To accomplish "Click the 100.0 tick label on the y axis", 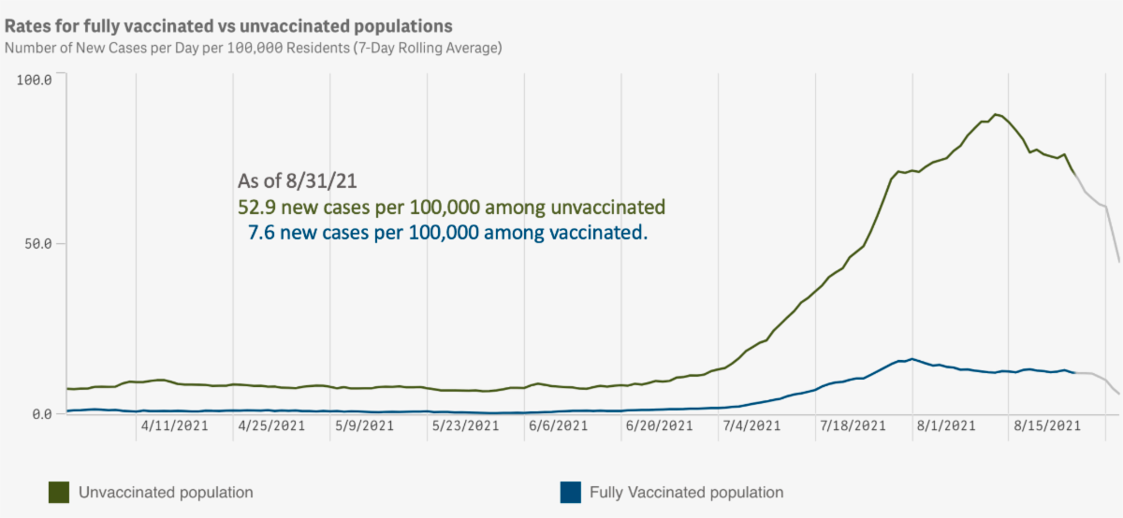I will pos(35,79).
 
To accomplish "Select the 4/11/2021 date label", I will pos(174,425).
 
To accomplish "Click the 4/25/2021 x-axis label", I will pos(271,425).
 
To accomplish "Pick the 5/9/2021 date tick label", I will pos(364,425).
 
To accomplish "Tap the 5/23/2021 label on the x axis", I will pos(465,425).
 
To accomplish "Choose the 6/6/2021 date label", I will pos(558,425).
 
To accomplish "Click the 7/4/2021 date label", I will pos(751,425).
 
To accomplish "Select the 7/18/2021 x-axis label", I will pos(853,425).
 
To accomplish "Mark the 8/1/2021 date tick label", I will pos(945,425).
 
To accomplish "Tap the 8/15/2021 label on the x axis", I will pos(1046,425).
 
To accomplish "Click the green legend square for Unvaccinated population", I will pos(59,492).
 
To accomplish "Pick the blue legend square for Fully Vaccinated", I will pos(568,492).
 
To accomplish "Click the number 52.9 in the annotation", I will pos(257,207).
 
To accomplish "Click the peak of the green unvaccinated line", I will pos(995,114).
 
